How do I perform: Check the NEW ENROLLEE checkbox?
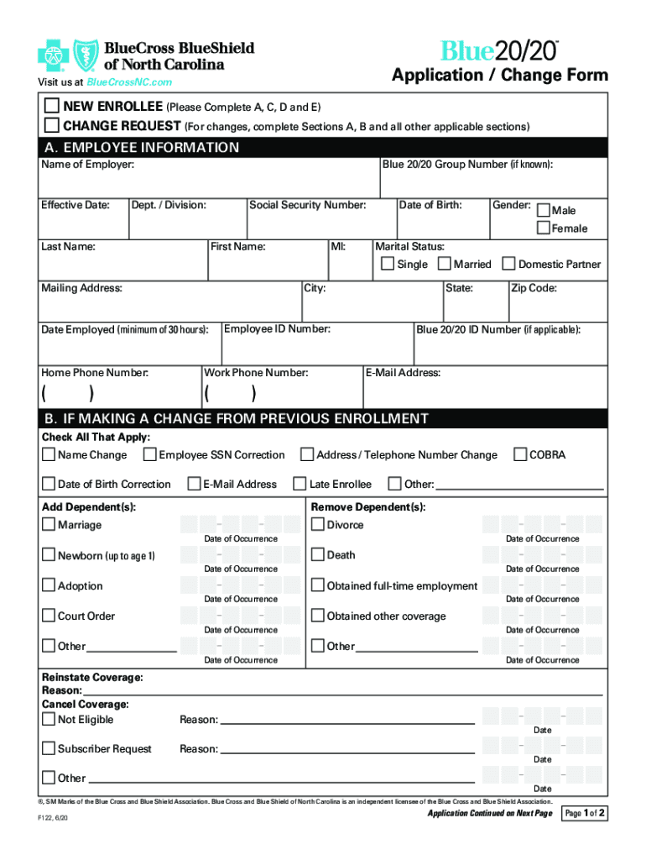click(x=52, y=107)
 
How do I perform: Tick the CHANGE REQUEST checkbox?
click(x=52, y=126)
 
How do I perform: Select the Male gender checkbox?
click(x=543, y=210)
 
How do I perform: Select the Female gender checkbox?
click(x=543, y=228)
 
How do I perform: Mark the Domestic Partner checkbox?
click(x=508, y=264)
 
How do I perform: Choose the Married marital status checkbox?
click(x=444, y=264)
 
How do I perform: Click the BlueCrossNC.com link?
click(x=129, y=82)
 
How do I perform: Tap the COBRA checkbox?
click(x=519, y=454)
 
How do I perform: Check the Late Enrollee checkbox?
click(x=300, y=484)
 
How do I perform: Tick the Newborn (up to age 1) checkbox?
click(x=49, y=555)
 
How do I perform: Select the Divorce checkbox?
click(x=318, y=525)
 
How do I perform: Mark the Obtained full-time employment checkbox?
click(x=318, y=585)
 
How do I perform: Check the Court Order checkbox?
click(x=49, y=616)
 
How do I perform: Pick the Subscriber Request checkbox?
click(x=49, y=748)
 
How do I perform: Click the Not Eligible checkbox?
click(x=49, y=719)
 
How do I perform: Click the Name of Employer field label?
click(x=88, y=165)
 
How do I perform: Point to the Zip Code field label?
click(x=534, y=288)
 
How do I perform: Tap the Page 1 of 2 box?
click(x=585, y=814)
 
